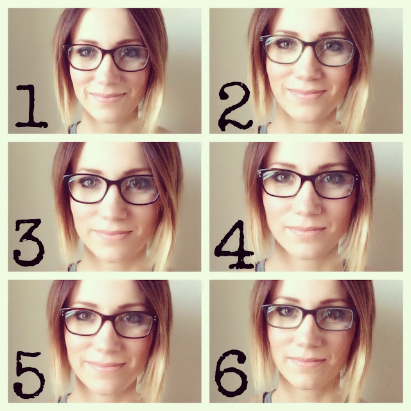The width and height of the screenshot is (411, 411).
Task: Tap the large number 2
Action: coord(236,106)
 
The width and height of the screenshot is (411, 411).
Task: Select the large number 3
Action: coord(28,242)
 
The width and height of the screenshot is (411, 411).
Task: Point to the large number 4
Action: coord(234,245)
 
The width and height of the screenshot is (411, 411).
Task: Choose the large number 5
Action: coord(29,375)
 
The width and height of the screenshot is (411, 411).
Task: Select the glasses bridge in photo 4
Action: coord(307,178)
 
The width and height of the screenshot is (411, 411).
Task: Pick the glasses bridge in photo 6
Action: coord(310,313)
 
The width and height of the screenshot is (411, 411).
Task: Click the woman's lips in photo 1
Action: coord(108,98)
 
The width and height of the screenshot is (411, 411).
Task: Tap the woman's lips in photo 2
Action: coord(307,94)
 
